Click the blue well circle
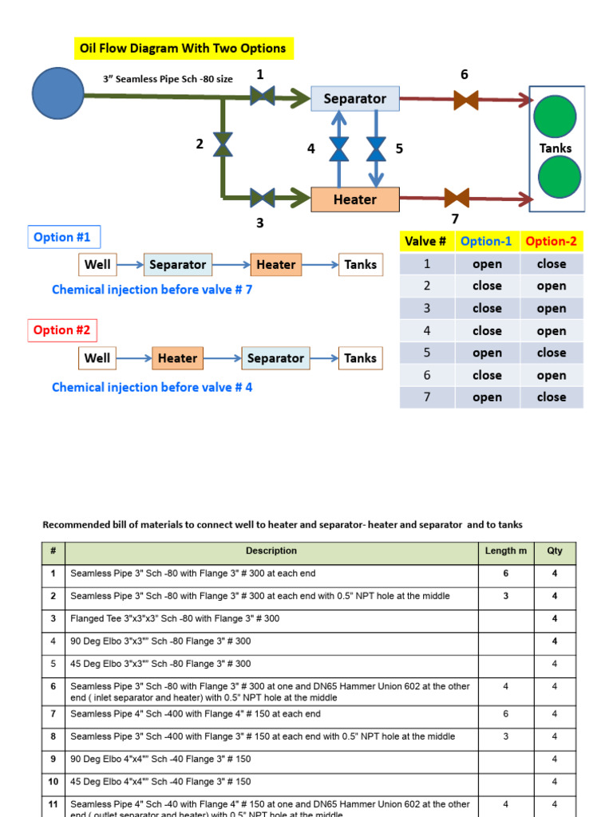coord(58,93)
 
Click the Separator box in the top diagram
coord(354,98)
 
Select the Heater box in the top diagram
coord(354,199)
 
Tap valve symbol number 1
coord(262,97)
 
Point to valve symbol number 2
coord(223,144)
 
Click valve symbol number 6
coord(465,100)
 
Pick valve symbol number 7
coord(456,198)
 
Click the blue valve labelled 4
coord(339,148)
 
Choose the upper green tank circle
coord(557,116)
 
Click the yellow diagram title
coord(183,49)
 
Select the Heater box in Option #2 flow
coord(177,358)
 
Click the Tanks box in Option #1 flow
coord(360,264)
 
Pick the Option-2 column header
coord(552,241)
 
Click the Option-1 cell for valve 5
coord(487,353)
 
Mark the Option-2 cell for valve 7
coord(552,397)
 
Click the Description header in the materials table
coord(271,551)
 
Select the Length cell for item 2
coord(505,596)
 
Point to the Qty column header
coord(554,551)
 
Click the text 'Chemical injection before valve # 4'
coord(152,387)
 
